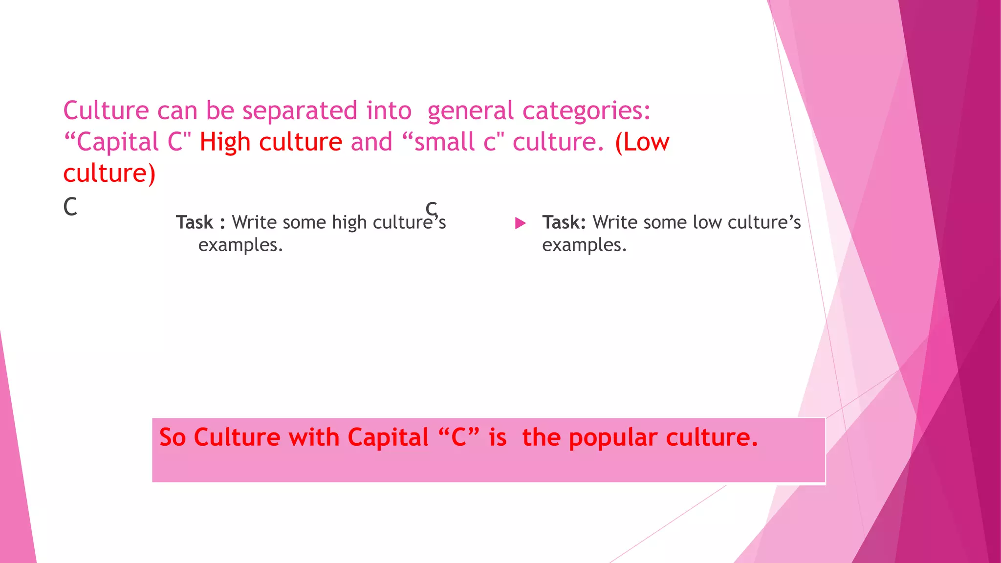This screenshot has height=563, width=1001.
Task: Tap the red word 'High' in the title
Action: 225,142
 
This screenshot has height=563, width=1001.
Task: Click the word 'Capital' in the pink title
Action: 118,142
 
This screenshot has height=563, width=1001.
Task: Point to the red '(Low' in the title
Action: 642,142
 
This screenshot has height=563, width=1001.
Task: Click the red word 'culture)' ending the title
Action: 109,173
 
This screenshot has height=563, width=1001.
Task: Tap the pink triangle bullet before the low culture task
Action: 521,223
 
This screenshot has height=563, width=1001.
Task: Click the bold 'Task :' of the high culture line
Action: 200,222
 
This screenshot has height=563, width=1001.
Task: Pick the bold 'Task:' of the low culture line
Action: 564,222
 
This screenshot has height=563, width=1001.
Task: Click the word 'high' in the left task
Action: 349,222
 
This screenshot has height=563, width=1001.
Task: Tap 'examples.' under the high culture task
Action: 240,245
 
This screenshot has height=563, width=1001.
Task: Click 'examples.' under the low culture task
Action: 584,245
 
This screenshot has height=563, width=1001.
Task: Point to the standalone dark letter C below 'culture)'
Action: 70,207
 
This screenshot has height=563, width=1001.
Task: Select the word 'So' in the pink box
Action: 173,437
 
